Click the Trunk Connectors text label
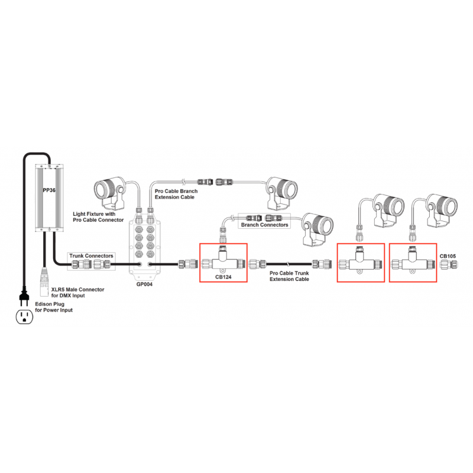(x=90, y=256)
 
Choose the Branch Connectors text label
(x=265, y=225)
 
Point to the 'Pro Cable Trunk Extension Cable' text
(x=289, y=277)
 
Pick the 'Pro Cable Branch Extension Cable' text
(x=176, y=195)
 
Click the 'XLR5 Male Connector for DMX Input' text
(x=78, y=292)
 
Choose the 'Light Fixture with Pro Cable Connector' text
(x=98, y=216)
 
